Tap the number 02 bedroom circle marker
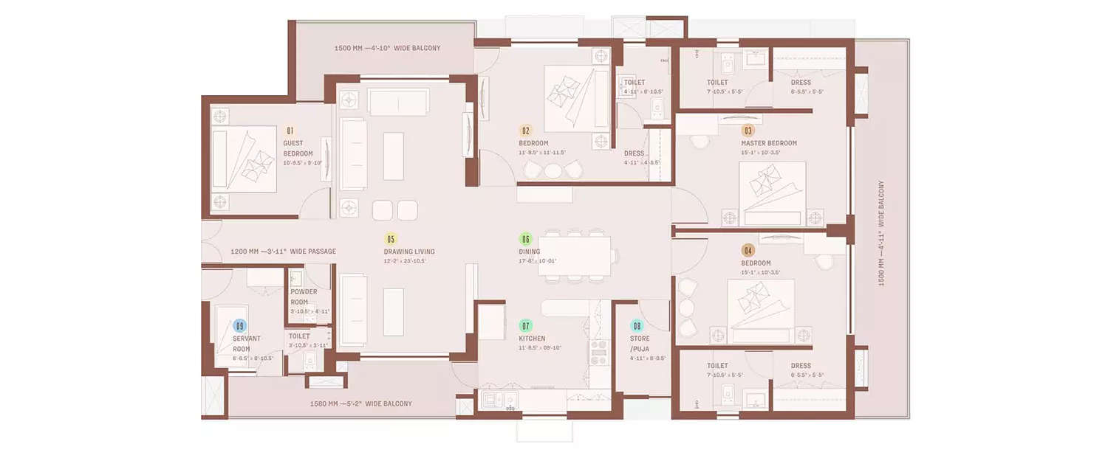[526, 130]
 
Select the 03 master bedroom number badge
[748, 131]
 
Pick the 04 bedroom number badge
[748, 250]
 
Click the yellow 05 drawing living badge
[391, 238]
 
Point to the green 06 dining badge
[526, 238]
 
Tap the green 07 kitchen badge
[526, 325]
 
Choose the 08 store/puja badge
[637, 325]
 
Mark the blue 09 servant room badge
[239, 325]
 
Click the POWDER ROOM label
[304, 297]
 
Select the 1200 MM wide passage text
[283, 252]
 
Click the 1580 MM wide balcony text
[361, 403]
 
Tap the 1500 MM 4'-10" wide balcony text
[377, 48]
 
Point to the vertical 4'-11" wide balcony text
[880, 233]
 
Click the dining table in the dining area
[574, 256]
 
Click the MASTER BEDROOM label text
[769, 143]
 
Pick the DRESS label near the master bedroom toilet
[800, 83]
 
